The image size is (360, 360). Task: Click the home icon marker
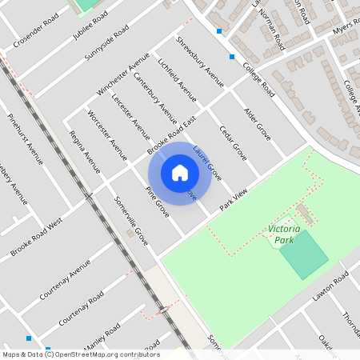click(x=180, y=173)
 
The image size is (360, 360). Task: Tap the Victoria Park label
click(x=284, y=234)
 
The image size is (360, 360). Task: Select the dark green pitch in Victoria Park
click(x=304, y=254)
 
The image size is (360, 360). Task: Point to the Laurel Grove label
click(x=207, y=162)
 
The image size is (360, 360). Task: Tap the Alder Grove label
click(x=258, y=124)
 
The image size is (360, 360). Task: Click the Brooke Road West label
click(x=36, y=239)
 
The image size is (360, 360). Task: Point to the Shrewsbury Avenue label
click(x=200, y=61)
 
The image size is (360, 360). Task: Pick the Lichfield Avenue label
click(x=177, y=80)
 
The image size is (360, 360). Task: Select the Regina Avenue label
click(x=85, y=152)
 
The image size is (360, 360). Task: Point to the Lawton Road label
click(x=330, y=285)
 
